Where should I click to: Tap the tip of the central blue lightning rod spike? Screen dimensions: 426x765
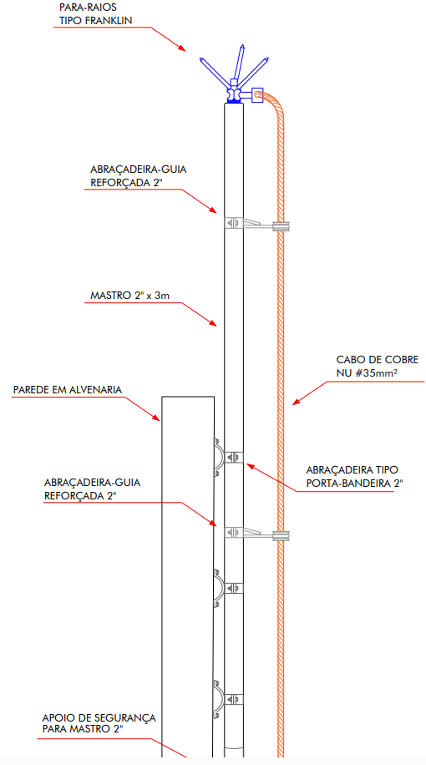tap(242, 45)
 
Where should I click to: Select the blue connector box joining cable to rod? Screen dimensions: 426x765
tap(256, 95)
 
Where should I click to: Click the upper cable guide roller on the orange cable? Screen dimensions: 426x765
tap(281, 226)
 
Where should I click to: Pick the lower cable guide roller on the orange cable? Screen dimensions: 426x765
tap(281, 535)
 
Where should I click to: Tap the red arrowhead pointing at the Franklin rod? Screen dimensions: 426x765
tap(182, 48)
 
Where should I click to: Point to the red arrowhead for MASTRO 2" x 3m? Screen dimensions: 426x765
tap(213, 322)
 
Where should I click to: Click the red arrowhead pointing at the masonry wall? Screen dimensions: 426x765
tap(156, 417)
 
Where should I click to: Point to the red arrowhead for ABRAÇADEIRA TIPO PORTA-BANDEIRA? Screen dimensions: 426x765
tap(250, 465)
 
